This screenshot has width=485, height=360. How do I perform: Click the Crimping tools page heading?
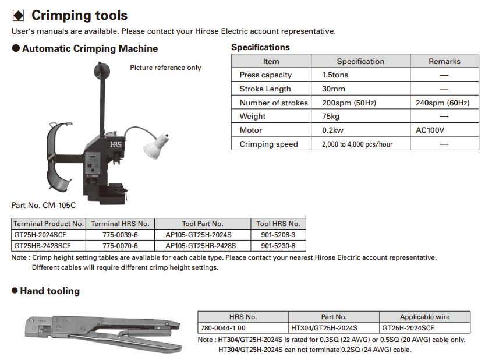click(x=79, y=15)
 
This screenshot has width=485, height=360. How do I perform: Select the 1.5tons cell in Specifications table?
click(x=336, y=75)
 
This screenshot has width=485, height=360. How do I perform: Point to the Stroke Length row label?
click(x=265, y=89)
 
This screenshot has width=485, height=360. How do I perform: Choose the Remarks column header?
click(x=444, y=61)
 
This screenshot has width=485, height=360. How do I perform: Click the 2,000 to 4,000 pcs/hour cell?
click(x=357, y=144)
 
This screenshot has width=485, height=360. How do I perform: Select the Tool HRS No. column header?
click(x=278, y=224)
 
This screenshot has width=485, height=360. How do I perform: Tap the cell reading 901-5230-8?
click(x=278, y=246)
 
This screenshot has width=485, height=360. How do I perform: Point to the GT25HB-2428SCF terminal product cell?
click(x=43, y=246)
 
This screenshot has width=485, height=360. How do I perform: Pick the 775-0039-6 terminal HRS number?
click(x=120, y=235)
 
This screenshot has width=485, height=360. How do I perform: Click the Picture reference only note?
click(x=165, y=68)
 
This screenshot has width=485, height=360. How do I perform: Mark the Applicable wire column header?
click(x=424, y=317)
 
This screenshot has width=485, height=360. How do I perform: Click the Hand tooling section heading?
click(x=49, y=291)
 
